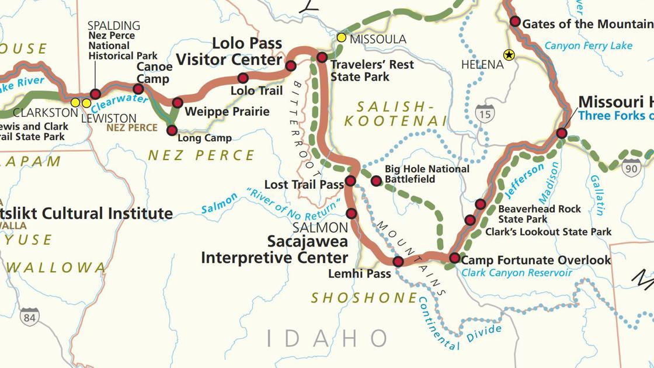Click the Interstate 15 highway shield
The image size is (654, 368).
[x=484, y=113]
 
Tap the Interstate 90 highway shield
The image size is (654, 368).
[x=631, y=168]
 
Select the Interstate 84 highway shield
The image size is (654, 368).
[x=30, y=317]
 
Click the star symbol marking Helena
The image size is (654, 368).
[x=509, y=55]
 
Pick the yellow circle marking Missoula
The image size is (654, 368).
[x=342, y=38]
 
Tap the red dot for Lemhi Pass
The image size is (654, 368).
[x=398, y=261]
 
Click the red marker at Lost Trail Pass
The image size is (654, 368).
[x=350, y=181]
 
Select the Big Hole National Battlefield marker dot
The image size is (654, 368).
[x=376, y=181]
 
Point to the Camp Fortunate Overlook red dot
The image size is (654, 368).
[x=454, y=258]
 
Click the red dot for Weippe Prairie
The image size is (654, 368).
[x=178, y=103]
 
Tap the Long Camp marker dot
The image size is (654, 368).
[x=172, y=130]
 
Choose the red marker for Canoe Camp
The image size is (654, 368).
[x=138, y=89]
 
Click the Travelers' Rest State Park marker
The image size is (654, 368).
[x=322, y=57]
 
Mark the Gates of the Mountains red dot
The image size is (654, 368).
[x=515, y=22]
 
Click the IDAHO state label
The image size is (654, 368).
[x=327, y=338]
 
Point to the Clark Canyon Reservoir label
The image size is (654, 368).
[x=516, y=273]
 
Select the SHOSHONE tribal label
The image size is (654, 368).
[x=364, y=298]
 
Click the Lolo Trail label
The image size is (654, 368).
[x=256, y=91]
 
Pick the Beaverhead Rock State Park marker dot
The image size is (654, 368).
[x=480, y=204]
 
